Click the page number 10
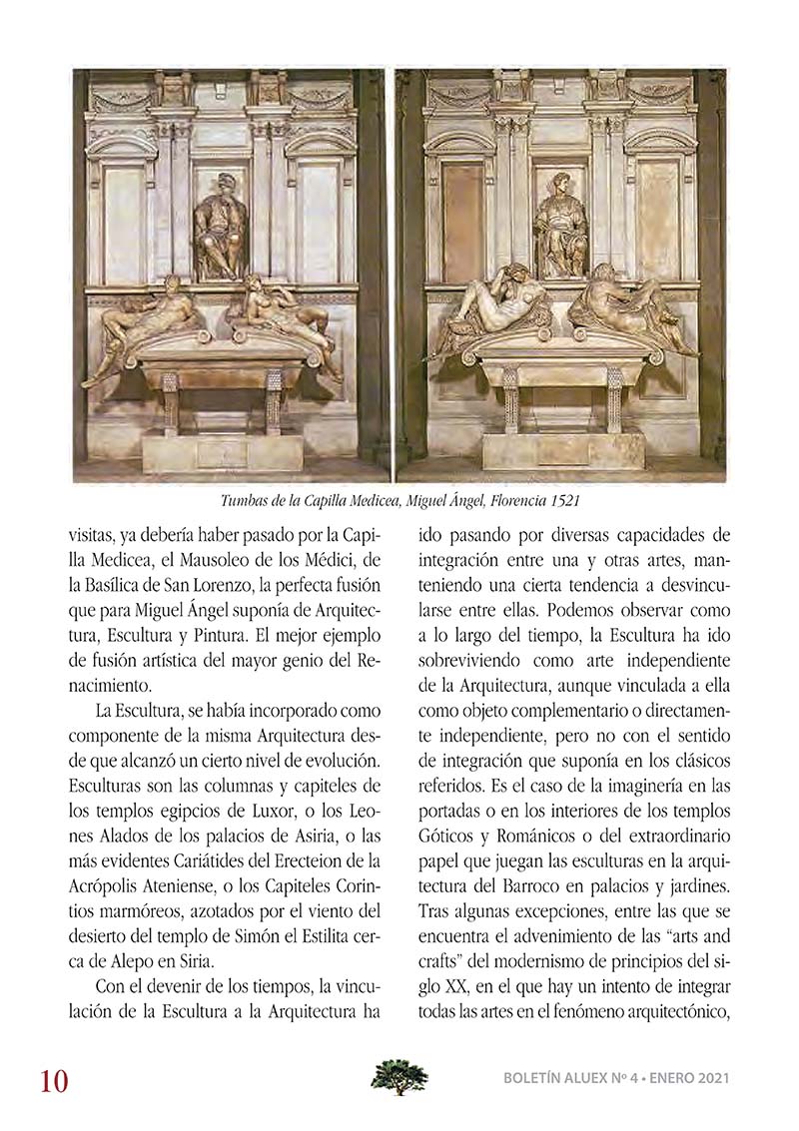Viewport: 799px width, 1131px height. pyautogui.click(x=54, y=1081)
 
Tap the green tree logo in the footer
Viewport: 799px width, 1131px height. pyautogui.click(x=399, y=1077)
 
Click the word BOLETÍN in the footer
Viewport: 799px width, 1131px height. pyautogui.click(x=536, y=1078)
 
